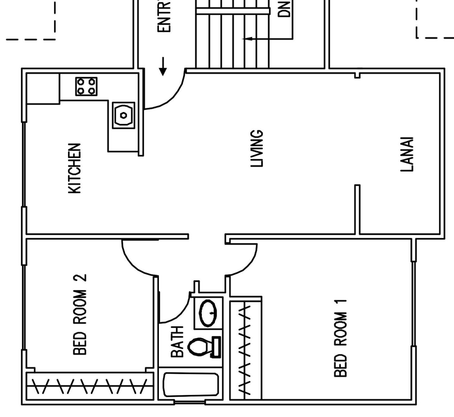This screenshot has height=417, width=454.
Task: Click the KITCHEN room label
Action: (74, 168)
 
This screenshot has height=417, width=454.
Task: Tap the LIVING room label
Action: (257, 149)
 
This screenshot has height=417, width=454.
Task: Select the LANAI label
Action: (407, 155)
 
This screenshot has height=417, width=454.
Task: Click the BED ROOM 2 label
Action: (80, 314)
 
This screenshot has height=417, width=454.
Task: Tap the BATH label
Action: (177, 342)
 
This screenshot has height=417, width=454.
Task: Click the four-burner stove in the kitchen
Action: (86, 86)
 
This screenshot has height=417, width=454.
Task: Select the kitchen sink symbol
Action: (123, 115)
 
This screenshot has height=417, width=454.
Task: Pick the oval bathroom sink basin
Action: (208, 313)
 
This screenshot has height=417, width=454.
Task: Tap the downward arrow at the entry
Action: (163, 66)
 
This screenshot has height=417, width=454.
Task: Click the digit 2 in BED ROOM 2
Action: (80, 281)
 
